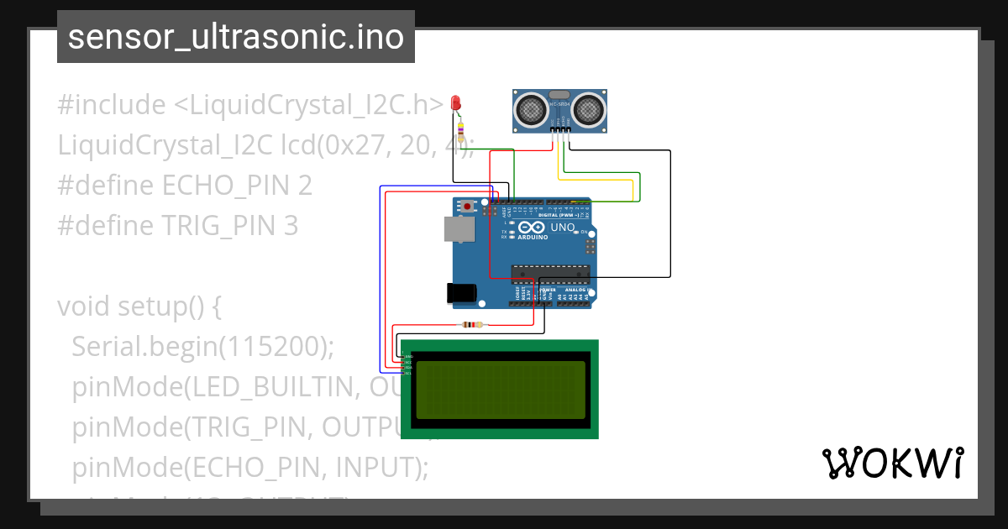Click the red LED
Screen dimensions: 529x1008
[456, 102]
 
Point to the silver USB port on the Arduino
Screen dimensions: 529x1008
[458, 229]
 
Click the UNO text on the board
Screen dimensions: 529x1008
[563, 228]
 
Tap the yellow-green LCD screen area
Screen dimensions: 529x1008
[500, 390]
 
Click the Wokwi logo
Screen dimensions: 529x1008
[892, 463]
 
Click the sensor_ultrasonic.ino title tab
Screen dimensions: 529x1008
[235, 37]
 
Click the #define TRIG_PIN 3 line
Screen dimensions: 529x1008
[177, 226]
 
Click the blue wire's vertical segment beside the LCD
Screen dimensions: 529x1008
[381, 277]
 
